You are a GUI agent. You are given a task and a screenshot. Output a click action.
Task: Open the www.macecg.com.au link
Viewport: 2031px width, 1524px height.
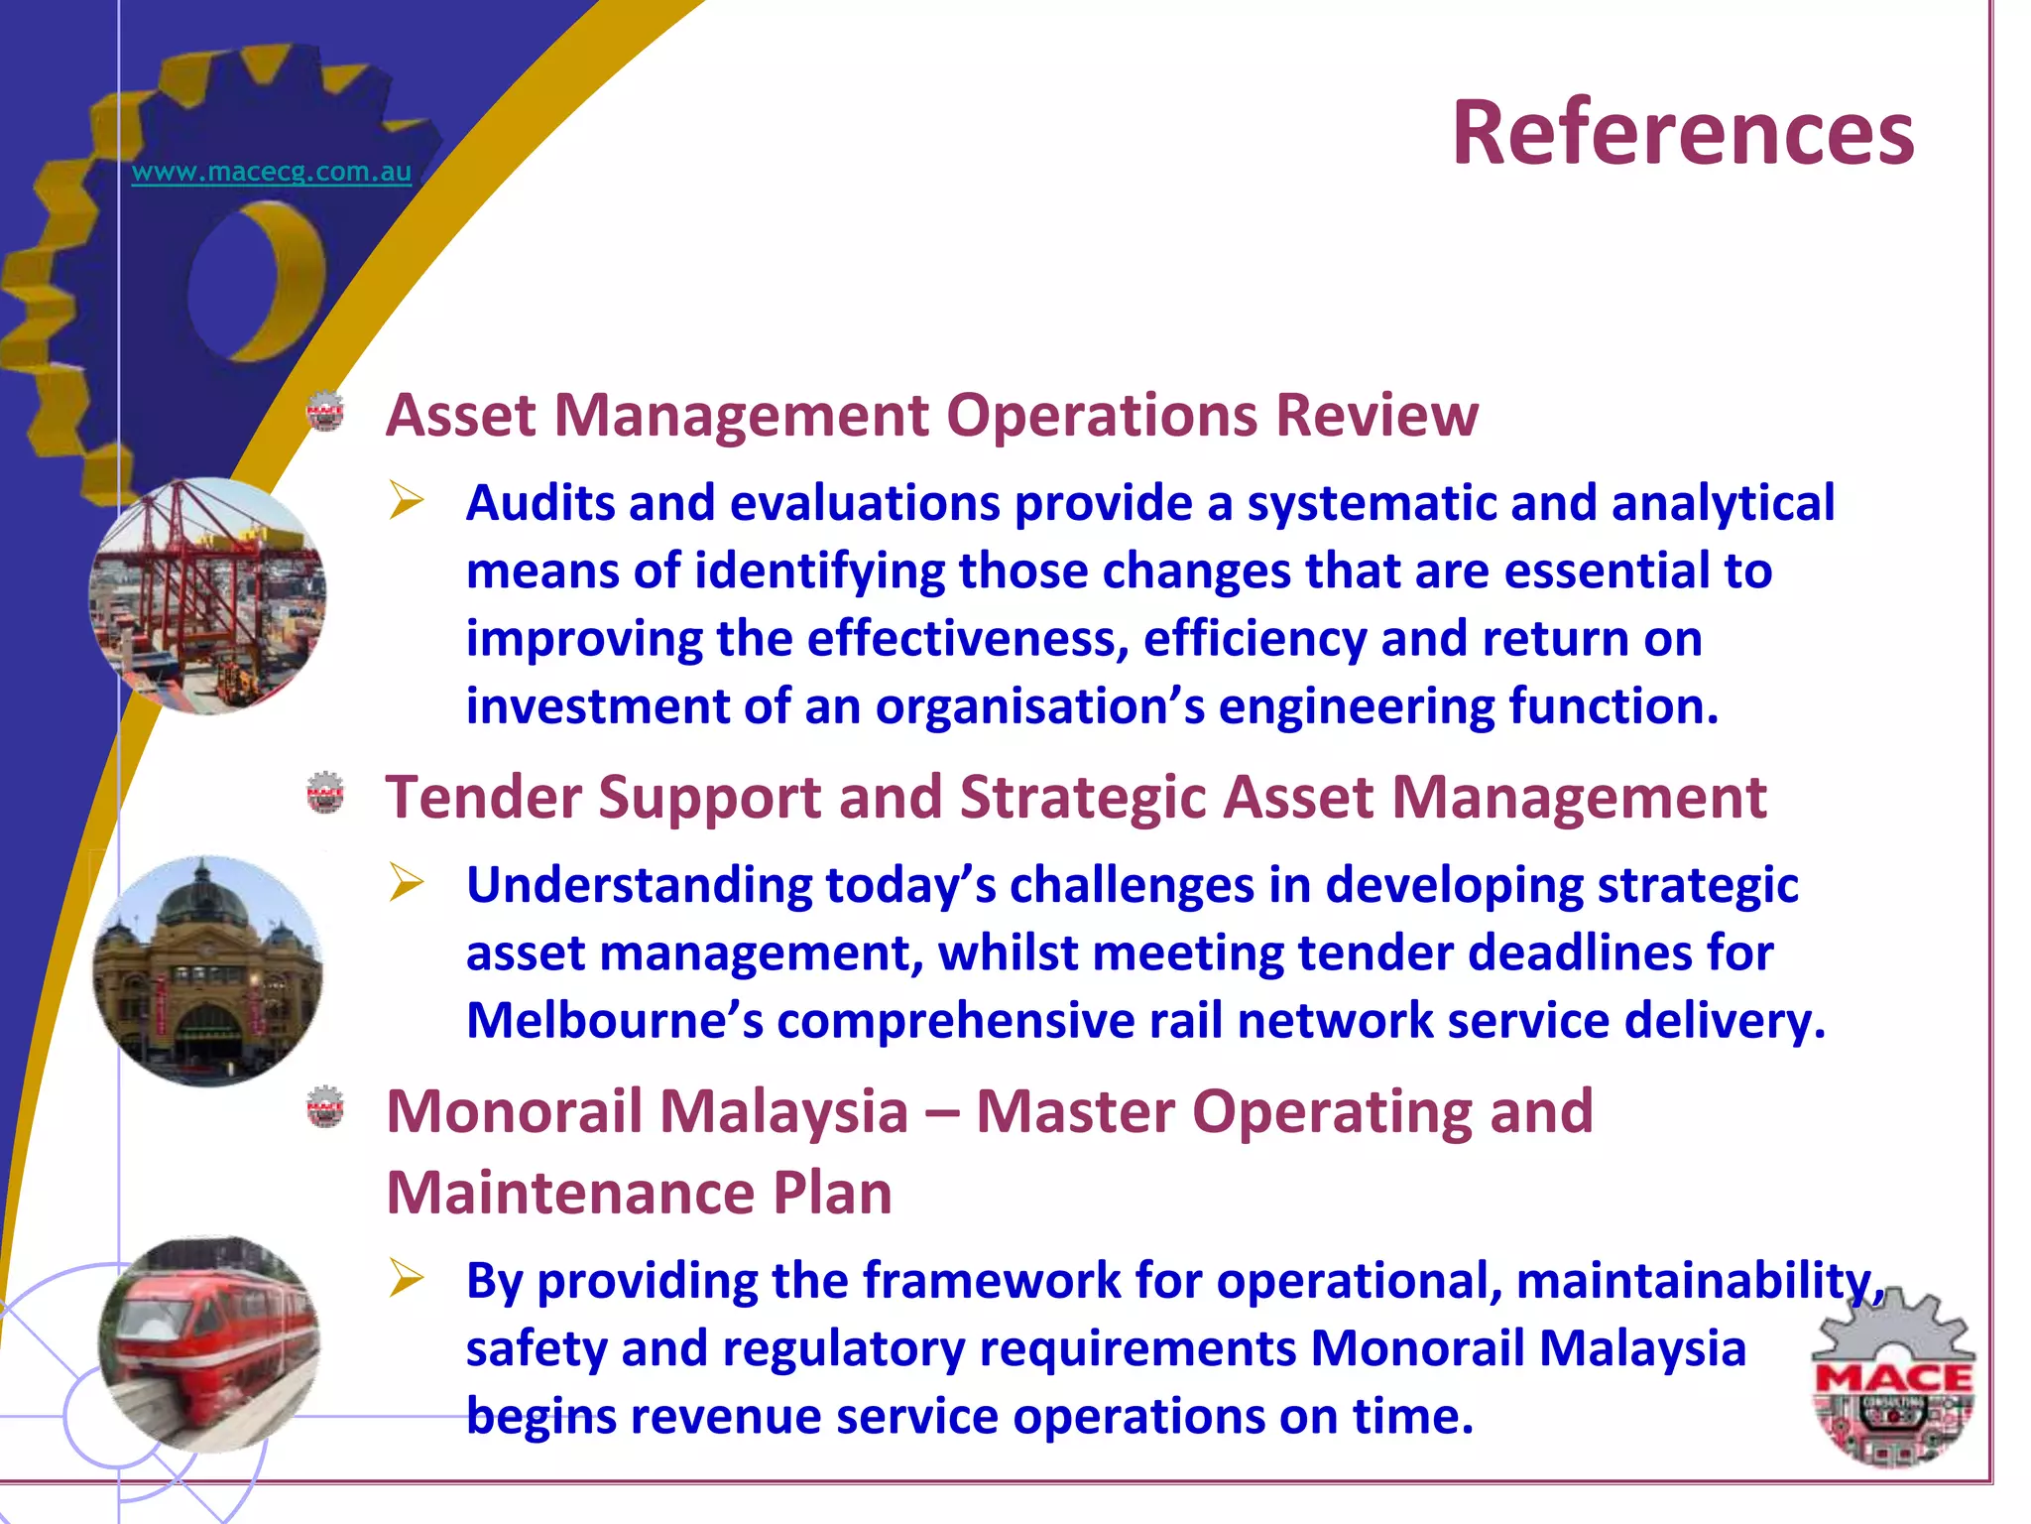271,172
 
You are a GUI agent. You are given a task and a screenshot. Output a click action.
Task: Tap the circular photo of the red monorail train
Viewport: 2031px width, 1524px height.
209,1343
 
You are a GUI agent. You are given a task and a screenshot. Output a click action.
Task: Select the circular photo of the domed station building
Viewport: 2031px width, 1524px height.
207,970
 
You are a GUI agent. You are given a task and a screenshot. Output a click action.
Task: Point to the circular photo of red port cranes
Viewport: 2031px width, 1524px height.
207,595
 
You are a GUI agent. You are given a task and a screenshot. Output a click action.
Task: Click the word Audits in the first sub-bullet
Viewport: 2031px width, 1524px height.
540,503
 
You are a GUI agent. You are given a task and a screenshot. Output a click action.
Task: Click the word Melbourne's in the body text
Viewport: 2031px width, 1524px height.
615,1021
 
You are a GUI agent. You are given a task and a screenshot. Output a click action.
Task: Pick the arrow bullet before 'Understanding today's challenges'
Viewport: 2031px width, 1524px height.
407,882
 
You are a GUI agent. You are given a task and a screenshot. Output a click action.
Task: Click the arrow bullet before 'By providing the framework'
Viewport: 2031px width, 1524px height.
407,1278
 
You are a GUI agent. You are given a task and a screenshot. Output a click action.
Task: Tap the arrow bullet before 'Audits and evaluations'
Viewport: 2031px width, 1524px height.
407,500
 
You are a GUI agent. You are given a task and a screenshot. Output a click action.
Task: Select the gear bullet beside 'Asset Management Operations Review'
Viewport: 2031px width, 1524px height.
325,413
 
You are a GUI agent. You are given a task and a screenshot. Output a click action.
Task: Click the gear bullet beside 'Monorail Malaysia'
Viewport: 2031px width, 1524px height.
325,1107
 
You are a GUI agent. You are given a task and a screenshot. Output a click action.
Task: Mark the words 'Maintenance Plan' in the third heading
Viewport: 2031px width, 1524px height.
639,1193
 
